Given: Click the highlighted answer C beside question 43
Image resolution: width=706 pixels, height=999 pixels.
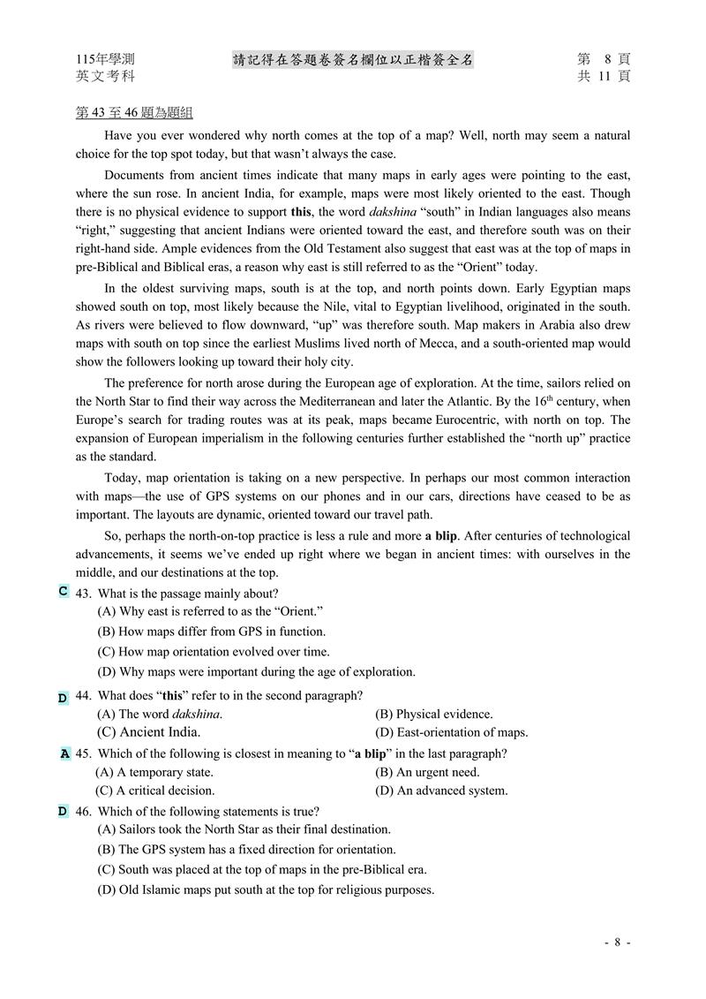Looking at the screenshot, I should tap(64, 591).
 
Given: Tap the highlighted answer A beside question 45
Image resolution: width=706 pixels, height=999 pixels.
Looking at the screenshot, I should tap(65, 754).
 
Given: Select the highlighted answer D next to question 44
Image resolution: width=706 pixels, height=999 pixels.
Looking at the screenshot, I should tap(63, 698).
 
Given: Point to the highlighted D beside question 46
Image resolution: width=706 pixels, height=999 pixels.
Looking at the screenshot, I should tap(63, 811).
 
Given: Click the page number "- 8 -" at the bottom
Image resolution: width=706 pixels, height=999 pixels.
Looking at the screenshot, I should tap(618, 942).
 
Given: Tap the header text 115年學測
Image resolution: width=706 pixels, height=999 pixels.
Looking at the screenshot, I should tap(106, 59).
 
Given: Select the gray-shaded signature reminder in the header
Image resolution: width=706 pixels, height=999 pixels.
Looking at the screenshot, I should tap(353, 59).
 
